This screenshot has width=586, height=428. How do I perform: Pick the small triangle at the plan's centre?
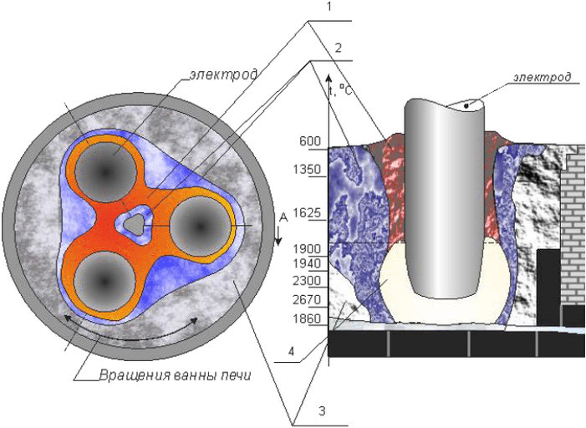(133, 224)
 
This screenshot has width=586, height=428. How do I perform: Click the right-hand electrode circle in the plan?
(198, 224)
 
